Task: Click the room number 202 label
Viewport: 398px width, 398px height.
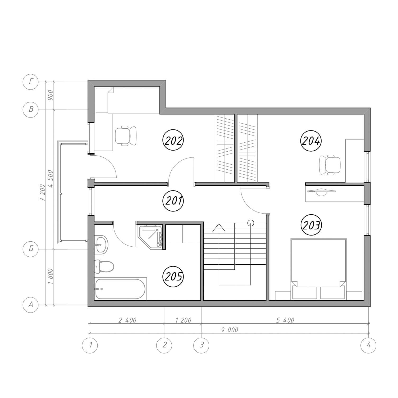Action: click(x=173, y=141)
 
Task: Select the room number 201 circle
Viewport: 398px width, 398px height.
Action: click(x=173, y=201)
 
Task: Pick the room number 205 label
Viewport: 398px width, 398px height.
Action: click(x=173, y=277)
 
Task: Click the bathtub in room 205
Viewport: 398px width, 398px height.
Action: click(x=120, y=289)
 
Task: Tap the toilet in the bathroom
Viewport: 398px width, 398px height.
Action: click(x=104, y=266)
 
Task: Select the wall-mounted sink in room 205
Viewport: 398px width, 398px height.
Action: click(x=101, y=244)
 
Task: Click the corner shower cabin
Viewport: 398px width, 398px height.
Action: click(x=150, y=237)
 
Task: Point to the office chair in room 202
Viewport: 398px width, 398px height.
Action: click(x=126, y=136)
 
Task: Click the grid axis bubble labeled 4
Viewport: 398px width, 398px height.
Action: click(x=368, y=345)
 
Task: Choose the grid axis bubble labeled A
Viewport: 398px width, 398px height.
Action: click(x=31, y=305)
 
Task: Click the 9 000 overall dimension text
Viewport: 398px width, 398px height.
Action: click(x=230, y=330)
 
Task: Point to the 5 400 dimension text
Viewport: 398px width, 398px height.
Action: click(x=285, y=320)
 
